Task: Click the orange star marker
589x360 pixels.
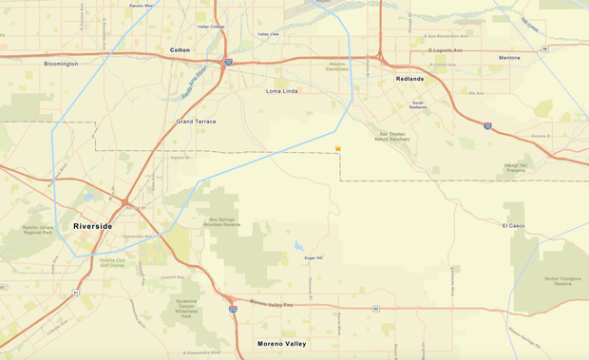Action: [x=337, y=148]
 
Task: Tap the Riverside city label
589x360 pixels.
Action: [x=92, y=226]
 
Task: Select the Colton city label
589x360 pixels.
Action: [x=180, y=49]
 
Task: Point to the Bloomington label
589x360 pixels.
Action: [x=61, y=64]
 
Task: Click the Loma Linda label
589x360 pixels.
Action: [x=283, y=91]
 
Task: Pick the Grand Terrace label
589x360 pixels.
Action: [x=197, y=122]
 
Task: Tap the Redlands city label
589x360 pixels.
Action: [x=409, y=79]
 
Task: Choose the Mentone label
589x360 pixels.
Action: [x=509, y=58]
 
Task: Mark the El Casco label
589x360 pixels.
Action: [x=514, y=225]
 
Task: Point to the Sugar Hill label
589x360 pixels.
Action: [x=313, y=258]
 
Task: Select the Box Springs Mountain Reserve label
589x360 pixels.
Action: [x=225, y=222]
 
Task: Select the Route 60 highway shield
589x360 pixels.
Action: [x=376, y=309]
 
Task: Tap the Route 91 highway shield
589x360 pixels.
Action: [x=75, y=293]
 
